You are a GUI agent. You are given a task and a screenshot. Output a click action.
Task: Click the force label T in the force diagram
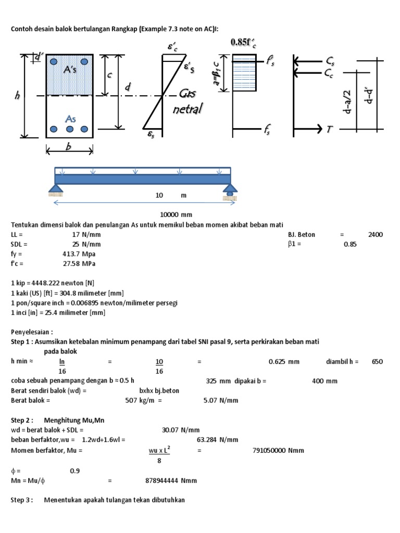click(x=330, y=129)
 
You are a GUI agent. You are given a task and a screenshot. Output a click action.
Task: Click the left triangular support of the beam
click(x=56, y=189)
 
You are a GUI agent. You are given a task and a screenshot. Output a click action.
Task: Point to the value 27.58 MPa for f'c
click(x=79, y=264)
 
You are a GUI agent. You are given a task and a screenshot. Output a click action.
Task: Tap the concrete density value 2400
click(x=375, y=234)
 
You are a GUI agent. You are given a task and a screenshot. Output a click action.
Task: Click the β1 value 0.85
click(x=350, y=244)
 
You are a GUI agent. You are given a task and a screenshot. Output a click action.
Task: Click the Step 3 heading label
click(x=22, y=500)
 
